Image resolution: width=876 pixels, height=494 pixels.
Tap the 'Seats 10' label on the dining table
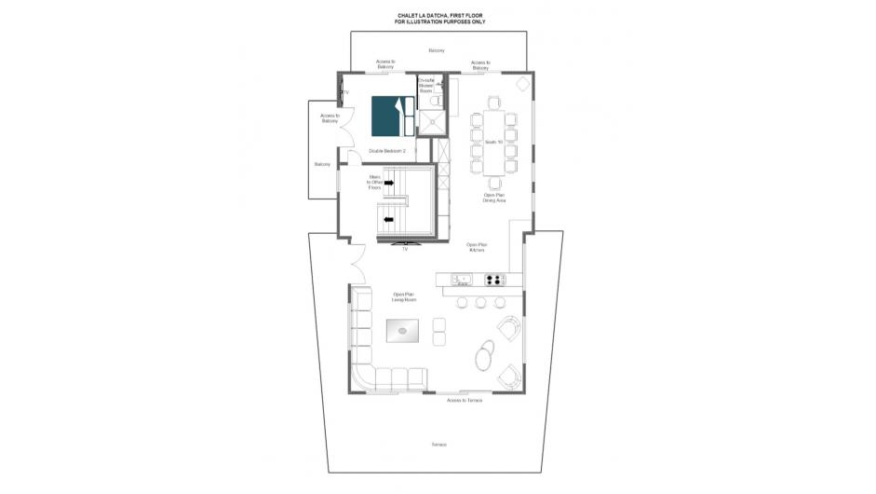click(493, 142)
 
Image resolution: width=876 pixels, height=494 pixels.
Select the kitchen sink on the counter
click(462, 279)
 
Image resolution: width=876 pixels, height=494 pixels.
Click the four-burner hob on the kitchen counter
click(493, 279)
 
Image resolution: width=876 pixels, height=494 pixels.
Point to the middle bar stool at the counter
click(479, 302)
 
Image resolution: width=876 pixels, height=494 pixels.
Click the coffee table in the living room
click(402, 328)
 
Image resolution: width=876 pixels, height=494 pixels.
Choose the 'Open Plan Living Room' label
click(403, 297)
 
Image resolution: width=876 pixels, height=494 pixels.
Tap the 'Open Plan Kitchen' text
click(477, 248)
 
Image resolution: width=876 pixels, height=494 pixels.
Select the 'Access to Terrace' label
click(464, 400)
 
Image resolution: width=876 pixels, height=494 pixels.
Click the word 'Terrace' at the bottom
click(438, 444)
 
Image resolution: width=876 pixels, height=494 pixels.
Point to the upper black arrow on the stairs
click(389, 183)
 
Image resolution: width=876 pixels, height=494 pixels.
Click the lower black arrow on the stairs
click(389, 220)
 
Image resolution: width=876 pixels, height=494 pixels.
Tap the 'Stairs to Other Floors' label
click(374, 182)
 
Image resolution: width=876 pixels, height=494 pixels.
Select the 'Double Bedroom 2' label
click(387, 150)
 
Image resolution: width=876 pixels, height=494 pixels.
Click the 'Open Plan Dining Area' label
click(494, 198)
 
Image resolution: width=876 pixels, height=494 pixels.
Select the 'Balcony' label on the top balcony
click(437, 50)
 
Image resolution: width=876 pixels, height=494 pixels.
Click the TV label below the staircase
click(404, 250)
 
